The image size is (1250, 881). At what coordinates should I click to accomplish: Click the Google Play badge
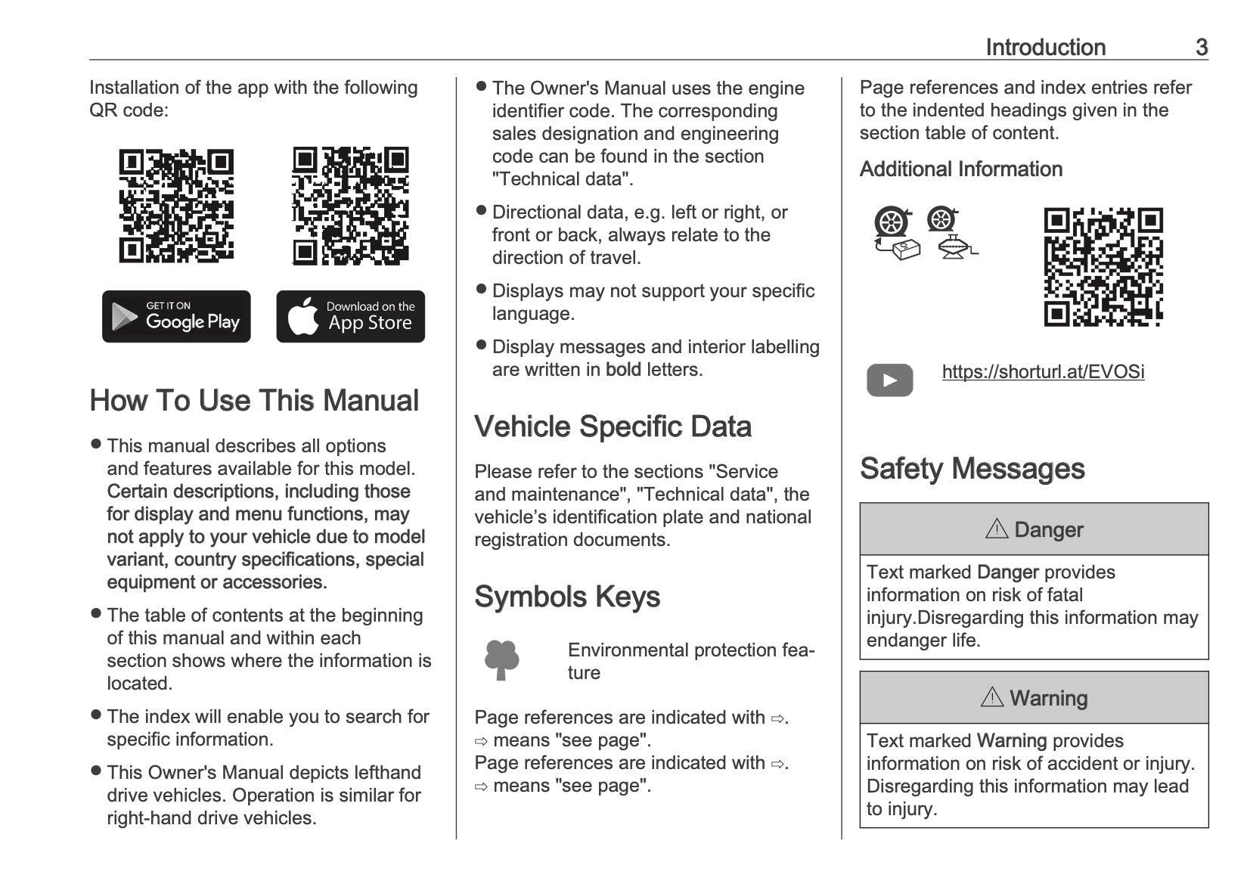[x=176, y=316]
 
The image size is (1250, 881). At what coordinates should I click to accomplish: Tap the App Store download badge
[x=350, y=316]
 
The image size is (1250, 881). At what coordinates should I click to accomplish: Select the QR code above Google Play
[x=176, y=206]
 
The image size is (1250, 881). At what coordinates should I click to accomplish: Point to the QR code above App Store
[x=350, y=206]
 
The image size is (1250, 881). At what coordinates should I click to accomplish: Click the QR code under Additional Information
[x=1103, y=267]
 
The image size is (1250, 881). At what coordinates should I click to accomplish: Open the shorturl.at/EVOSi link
[x=1043, y=372]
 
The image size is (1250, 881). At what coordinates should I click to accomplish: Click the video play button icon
[x=889, y=380]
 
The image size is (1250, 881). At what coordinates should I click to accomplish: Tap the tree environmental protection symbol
[x=501, y=660]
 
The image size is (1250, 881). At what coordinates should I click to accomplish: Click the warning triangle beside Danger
[x=997, y=529]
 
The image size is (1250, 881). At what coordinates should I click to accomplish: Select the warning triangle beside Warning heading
[x=991, y=696]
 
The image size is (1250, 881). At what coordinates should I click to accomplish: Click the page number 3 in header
[x=1201, y=47]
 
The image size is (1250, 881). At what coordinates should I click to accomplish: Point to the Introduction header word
[x=1045, y=47]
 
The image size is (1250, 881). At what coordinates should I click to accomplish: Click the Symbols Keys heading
[x=567, y=597]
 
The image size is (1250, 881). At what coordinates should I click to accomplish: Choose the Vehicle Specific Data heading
[x=613, y=427]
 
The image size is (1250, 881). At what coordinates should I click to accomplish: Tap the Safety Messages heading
[x=972, y=469]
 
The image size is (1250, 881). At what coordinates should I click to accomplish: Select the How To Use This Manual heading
[x=254, y=401]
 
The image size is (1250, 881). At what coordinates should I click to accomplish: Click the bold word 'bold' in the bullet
[x=623, y=370]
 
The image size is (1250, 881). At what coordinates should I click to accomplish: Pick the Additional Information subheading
[x=960, y=169]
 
